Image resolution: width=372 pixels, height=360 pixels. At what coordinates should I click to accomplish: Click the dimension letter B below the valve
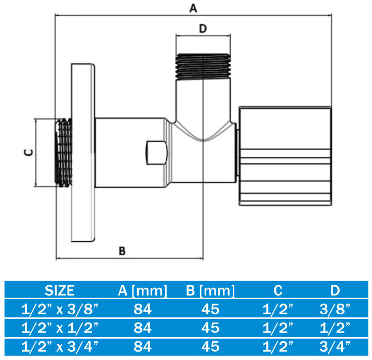pos(122,251)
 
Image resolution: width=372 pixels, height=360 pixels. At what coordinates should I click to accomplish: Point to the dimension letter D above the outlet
pos(203,29)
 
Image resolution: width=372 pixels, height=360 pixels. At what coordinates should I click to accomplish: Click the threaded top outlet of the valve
pos(203,64)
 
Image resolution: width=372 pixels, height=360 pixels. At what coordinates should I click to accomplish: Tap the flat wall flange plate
pos(84,153)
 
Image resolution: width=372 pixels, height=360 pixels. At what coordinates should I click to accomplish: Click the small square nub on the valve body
pos(155,151)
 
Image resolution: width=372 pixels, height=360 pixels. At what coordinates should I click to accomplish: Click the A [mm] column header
pos(142,290)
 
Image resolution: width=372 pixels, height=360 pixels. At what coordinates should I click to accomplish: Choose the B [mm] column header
pos(210,290)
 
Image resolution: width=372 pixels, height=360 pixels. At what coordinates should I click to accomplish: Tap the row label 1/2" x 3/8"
pos(60,310)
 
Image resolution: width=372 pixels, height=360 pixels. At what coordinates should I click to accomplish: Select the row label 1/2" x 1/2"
pos(60,328)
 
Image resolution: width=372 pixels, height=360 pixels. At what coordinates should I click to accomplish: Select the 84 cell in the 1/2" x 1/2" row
pos(142,328)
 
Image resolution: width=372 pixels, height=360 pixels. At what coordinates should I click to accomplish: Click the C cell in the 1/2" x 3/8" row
pos(277,310)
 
